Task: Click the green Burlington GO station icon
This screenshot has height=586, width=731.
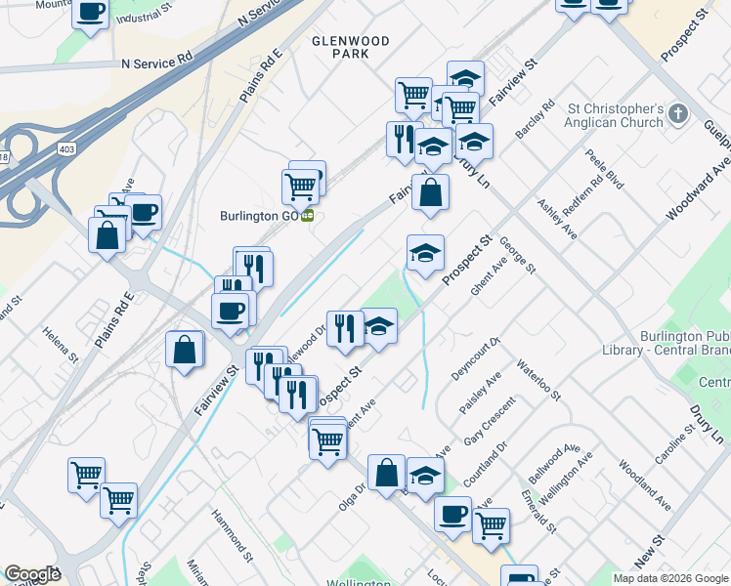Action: (308, 216)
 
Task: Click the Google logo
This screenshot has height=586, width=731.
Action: (33, 575)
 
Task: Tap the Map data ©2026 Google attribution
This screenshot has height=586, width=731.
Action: (669, 578)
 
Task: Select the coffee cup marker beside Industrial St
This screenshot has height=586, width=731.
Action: (91, 13)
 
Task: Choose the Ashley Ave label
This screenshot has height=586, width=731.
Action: (557, 220)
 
